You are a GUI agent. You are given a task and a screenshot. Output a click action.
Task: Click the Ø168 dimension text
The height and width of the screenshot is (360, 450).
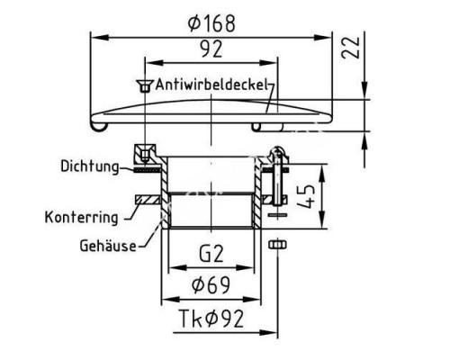(211, 23)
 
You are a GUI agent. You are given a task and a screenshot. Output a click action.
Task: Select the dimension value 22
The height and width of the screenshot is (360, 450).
(351, 47)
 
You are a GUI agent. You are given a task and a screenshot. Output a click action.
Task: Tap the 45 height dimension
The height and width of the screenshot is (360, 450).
(306, 196)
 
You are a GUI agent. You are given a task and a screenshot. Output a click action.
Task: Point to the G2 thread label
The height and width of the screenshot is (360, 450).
(211, 254)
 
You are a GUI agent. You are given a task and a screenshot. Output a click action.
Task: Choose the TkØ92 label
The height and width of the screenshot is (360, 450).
(211, 319)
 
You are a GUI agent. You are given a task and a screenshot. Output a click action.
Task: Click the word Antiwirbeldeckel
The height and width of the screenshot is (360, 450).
(211, 85)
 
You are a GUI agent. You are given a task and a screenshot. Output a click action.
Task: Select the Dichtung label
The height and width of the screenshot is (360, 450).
(90, 166)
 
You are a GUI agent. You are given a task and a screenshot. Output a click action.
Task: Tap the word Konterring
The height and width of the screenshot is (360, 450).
(81, 217)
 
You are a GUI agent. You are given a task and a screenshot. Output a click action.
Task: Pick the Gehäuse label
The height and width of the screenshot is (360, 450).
(108, 246)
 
